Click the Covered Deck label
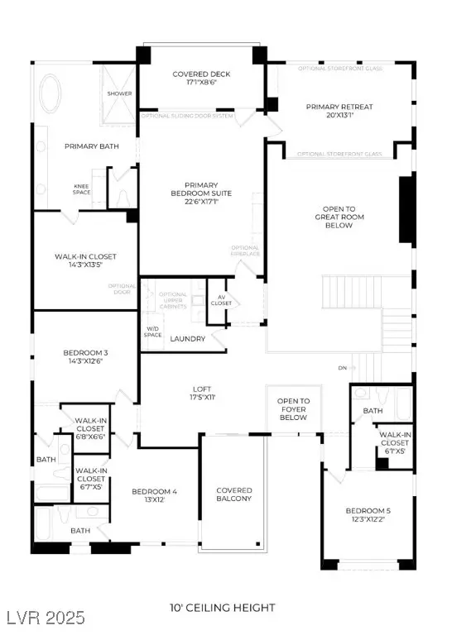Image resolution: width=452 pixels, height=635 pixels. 201,74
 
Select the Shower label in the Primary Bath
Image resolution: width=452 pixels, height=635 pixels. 119,93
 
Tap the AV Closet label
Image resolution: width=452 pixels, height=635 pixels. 221,301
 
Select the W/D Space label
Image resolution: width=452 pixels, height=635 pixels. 153,332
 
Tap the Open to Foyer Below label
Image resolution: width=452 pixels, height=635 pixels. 293,408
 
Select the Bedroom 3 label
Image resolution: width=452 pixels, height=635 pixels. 85,353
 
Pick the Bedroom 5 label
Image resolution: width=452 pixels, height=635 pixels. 368,510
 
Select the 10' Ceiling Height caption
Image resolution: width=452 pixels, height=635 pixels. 224,608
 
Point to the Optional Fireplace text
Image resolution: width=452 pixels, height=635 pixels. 246,251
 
